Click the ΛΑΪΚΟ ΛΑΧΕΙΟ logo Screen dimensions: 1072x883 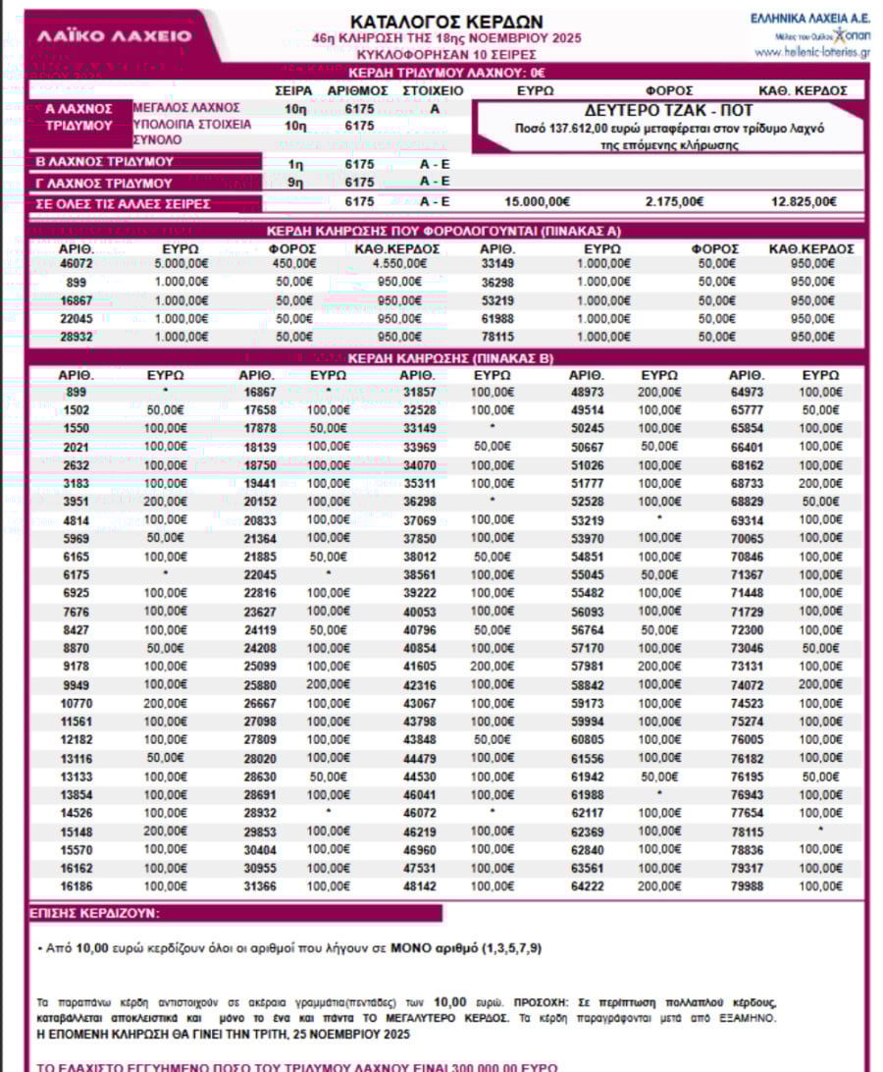coord(115,36)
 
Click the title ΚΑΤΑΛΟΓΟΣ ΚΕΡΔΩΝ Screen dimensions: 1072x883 coord(446,22)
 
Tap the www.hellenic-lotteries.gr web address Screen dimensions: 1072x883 coord(811,51)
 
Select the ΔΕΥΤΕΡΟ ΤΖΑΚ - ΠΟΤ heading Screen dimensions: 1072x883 coord(670,110)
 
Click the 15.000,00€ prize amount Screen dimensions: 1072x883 coord(537,202)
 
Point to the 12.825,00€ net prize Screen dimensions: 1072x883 coord(804,202)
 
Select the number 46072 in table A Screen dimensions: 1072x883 coord(76,263)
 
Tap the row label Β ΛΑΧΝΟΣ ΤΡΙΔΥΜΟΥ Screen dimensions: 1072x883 coord(105,162)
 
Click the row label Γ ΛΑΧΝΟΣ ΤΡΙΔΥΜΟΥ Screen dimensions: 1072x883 coord(105,183)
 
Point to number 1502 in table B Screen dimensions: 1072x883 coord(76,409)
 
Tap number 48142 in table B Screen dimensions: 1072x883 coord(419,887)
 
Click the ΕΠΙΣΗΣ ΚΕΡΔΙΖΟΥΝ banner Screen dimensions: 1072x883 coord(96,914)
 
